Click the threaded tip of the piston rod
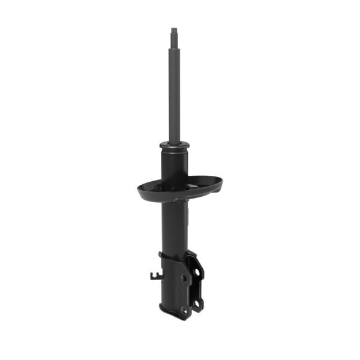point(174,30)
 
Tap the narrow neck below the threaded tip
point(174,37)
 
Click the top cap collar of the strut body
point(174,145)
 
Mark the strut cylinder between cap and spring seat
point(173,165)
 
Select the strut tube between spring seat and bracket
point(173,228)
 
